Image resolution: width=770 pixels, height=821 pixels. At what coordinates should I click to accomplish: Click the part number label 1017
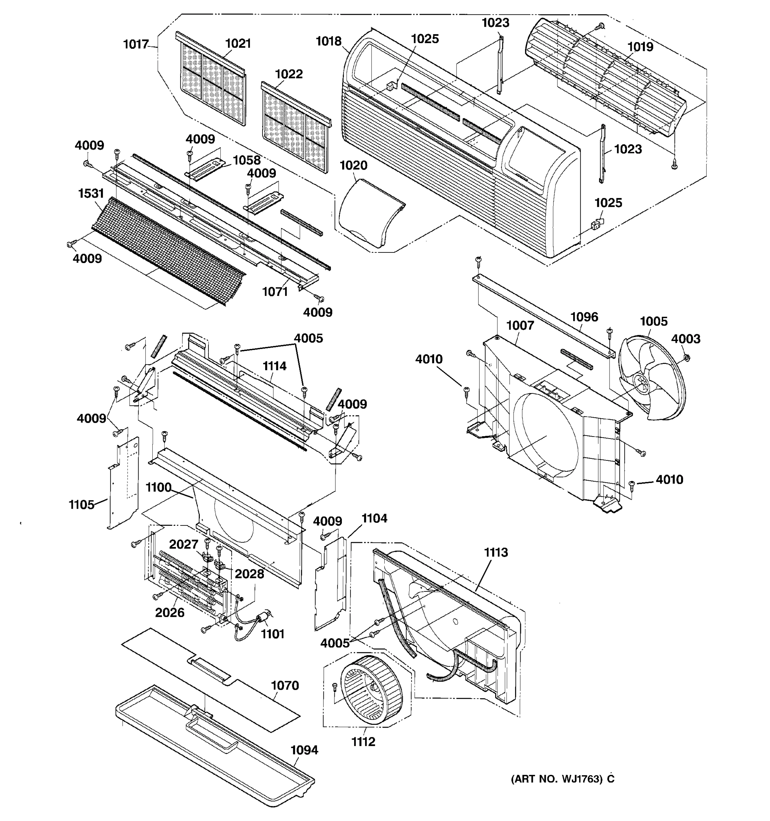point(136,44)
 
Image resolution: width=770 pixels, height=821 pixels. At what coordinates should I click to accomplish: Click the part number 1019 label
point(640,47)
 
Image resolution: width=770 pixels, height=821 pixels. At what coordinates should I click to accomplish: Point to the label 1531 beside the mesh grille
point(91,193)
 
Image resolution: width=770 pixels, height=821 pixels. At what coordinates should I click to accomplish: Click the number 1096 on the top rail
point(584,317)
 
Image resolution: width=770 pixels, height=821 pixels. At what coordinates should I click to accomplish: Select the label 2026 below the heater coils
point(169,612)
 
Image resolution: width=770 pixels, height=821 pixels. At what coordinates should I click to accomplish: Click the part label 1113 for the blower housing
point(496,552)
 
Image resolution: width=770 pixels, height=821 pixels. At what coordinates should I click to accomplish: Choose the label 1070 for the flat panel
point(285,686)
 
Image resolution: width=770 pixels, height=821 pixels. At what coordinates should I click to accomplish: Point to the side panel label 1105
point(81,504)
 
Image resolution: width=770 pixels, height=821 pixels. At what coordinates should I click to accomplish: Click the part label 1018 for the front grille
point(329,41)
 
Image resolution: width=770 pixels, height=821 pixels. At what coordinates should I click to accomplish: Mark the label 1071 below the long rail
point(275,291)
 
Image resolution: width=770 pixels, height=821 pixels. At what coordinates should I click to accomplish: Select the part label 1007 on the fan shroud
point(520,325)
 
